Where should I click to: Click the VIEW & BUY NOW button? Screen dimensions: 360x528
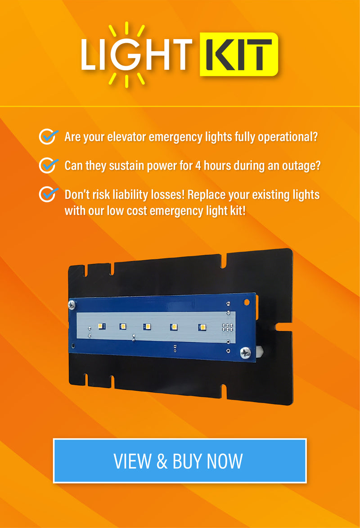(x=180, y=460)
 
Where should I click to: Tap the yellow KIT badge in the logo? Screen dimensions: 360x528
(x=239, y=54)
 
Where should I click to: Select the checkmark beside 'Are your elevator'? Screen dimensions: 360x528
(x=48, y=136)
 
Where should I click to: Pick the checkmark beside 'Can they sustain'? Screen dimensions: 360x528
(x=48, y=165)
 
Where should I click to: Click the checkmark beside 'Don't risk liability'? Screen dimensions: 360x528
(x=48, y=194)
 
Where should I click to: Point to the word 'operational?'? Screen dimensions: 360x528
(x=288, y=137)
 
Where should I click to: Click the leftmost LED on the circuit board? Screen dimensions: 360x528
(x=101, y=325)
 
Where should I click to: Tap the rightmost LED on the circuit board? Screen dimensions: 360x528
(x=202, y=327)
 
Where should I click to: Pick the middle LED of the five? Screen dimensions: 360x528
(x=147, y=327)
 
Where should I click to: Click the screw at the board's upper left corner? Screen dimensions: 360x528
(x=72, y=305)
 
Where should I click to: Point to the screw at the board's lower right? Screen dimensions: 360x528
(x=246, y=352)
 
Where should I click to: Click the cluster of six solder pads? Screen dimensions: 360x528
(x=227, y=328)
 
